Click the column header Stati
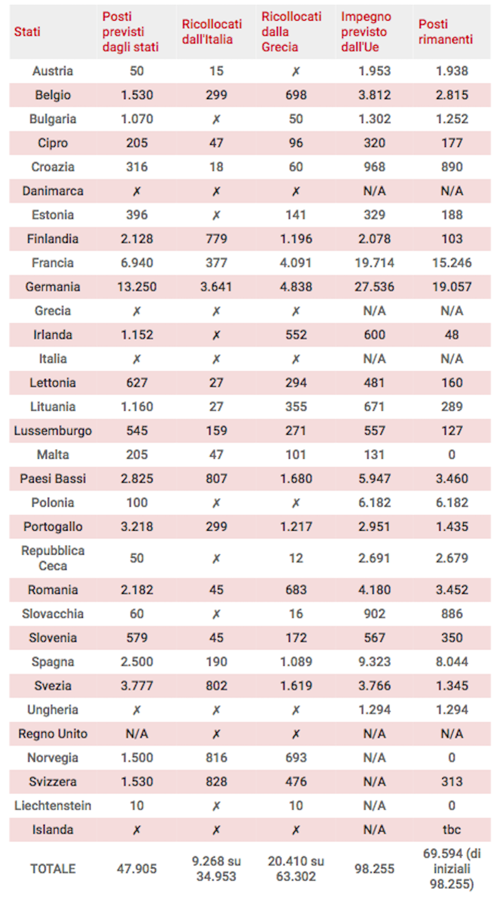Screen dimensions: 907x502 click(27, 32)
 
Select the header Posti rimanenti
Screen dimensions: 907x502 click(446, 32)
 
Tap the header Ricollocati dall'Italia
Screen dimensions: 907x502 click(211, 32)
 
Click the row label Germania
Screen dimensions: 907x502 click(53, 287)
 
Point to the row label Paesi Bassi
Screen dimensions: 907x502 click(53, 479)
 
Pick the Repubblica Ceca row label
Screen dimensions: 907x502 click(53, 558)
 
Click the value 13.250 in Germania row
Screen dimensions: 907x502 click(136, 287)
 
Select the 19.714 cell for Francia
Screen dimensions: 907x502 click(374, 263)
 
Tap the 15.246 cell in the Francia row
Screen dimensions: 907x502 click(451, 263)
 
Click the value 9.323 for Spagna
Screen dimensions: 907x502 click(374, 662)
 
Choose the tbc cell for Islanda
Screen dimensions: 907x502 click(451, 829)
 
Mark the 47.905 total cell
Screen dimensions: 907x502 click(136, 869)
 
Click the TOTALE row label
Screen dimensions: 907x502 click(53, 869)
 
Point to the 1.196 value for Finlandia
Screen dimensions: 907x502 click(295, 239)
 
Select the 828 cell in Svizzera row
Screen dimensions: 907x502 click(216, 782)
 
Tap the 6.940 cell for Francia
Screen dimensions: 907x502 click(136, 263)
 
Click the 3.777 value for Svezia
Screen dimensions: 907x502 click(136, 686)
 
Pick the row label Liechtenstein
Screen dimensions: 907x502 click(53, 805)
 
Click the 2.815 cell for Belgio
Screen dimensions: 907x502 click(451, 95)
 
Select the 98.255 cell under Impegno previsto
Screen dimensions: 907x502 click(374, 869)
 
